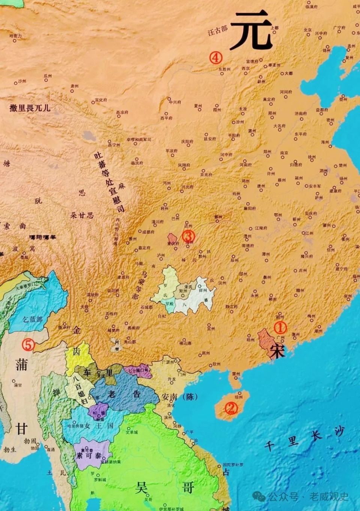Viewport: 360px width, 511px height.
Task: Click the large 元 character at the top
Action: click(251, 30)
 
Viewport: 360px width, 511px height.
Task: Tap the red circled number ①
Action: click(280, 327)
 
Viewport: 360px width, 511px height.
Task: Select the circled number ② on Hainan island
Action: click(231, 408)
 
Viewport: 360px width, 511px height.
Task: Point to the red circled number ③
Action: click(188, 236)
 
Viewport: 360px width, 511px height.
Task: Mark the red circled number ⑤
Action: click(28, 345)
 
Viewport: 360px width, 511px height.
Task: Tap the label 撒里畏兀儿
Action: click(30, 108)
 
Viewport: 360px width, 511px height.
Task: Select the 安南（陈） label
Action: click(179, 397)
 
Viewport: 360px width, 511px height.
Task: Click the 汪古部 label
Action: click(217, 31)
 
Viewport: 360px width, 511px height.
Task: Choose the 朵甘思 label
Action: click(82, 215)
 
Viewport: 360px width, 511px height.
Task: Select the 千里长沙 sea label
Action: click(304, 439)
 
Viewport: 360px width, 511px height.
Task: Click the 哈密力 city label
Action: click(15, 36)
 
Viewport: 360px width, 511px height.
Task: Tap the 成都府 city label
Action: click(148, 232)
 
